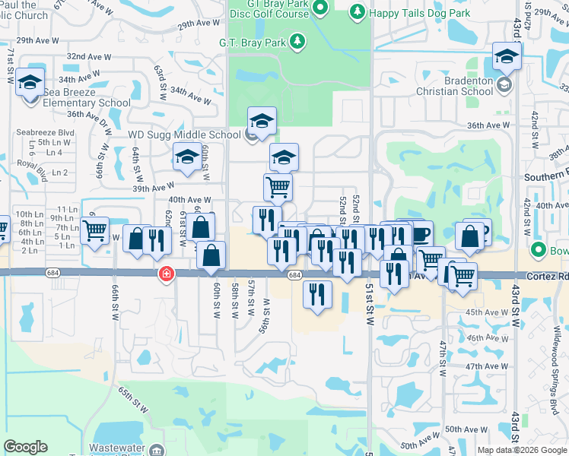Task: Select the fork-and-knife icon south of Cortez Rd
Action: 317,294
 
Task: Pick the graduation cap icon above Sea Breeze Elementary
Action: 30,81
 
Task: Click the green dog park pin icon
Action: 356,11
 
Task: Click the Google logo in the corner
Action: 26,447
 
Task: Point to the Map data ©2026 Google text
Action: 522,450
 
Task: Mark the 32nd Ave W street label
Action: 89,57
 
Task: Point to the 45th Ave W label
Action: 487,312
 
